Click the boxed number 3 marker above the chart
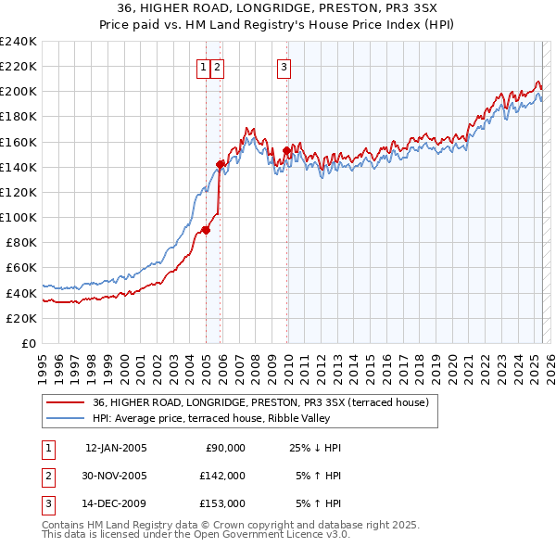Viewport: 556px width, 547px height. (x=284, y=67)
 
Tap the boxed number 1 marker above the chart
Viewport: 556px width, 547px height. (x=202, y=67)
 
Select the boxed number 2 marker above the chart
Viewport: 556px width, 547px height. (x=217, y=67)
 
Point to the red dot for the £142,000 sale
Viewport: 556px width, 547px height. (x=221, y=164)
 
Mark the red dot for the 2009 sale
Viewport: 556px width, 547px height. (x=287, y=150)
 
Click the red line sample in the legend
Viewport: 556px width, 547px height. (x=65, y=403)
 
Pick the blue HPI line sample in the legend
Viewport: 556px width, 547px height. (x=65, y=418)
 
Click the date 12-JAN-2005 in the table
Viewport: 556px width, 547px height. (x=116, y=448)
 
